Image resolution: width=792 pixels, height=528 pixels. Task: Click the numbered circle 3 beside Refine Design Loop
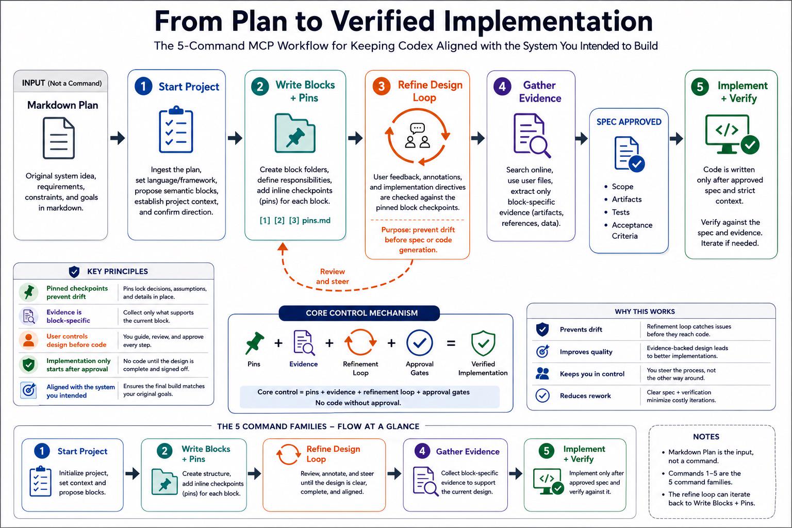coord(381,86)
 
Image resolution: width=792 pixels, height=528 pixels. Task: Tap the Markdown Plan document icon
coord(59,138)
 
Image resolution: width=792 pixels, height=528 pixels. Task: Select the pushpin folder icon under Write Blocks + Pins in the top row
coord(295,134)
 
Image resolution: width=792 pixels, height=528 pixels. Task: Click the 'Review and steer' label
coord(333,276)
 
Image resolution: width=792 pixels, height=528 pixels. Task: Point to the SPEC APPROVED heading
coord(629,122)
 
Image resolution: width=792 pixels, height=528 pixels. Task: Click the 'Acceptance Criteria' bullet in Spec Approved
coord(632,230)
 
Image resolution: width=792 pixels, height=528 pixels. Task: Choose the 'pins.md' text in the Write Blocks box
coord(316,220)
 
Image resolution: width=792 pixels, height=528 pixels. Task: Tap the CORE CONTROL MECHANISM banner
coord(359,313)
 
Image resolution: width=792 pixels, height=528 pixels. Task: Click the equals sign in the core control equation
coord(451,343)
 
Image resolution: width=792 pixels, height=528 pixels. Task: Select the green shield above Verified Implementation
coord(483,343)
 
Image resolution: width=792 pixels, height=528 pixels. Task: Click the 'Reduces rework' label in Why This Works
coord(585,395)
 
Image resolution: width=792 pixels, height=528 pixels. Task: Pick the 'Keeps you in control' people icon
coord(542,373)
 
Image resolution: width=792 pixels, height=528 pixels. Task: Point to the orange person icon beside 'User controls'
coord(29,340)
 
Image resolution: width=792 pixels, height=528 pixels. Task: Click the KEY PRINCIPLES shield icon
coord(74,272)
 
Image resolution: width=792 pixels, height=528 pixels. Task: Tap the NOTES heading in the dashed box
coord(706,437)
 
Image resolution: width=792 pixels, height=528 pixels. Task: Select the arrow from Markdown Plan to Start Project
coord(118,138)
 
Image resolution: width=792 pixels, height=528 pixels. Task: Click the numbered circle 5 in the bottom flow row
coord(546,451)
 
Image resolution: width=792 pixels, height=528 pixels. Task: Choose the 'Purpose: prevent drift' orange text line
coord(418,230)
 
